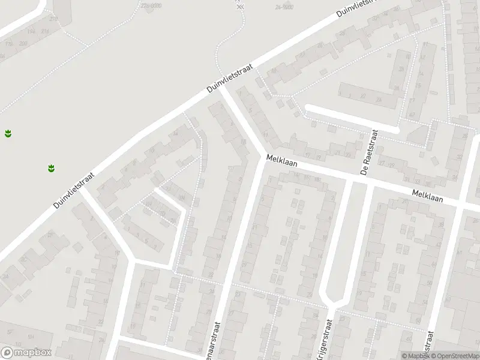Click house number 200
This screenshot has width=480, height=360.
[x=23, y=44]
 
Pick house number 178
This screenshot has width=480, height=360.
[x=9, y=44]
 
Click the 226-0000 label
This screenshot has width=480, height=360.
[x=150, y=5]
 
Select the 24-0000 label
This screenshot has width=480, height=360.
[x=284, y=7]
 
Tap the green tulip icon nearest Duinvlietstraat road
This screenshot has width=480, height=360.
[x=51, y=167]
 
